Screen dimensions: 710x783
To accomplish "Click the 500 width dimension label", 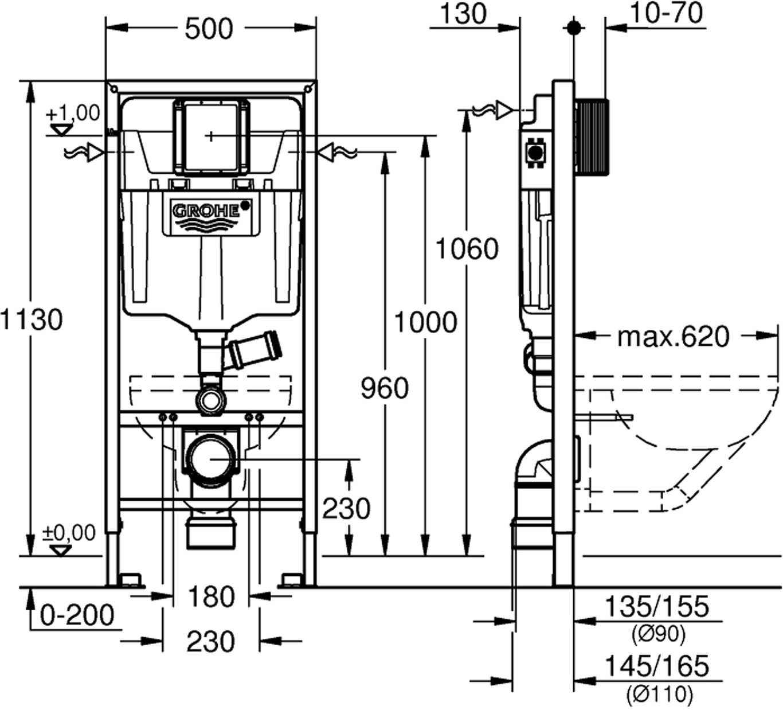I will coord(210,29).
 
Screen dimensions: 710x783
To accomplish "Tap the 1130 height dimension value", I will coord(31,319).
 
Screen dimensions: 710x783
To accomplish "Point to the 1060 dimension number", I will coord(467,249).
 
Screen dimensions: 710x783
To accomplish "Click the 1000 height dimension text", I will coord(425,322).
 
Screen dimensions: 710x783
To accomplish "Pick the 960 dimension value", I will coord(385,389).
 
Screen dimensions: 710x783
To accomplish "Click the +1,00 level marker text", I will coord(74,113).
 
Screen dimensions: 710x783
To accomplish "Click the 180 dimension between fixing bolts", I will coord(211,597).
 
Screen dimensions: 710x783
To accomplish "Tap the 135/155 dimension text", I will coord(657,607).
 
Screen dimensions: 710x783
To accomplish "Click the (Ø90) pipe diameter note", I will coord(657,634).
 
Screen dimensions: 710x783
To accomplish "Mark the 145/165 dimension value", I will coord(657,667).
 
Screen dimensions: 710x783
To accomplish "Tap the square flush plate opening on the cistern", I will coord(212,136).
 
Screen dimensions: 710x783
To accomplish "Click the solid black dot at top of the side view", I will coord(573,28).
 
